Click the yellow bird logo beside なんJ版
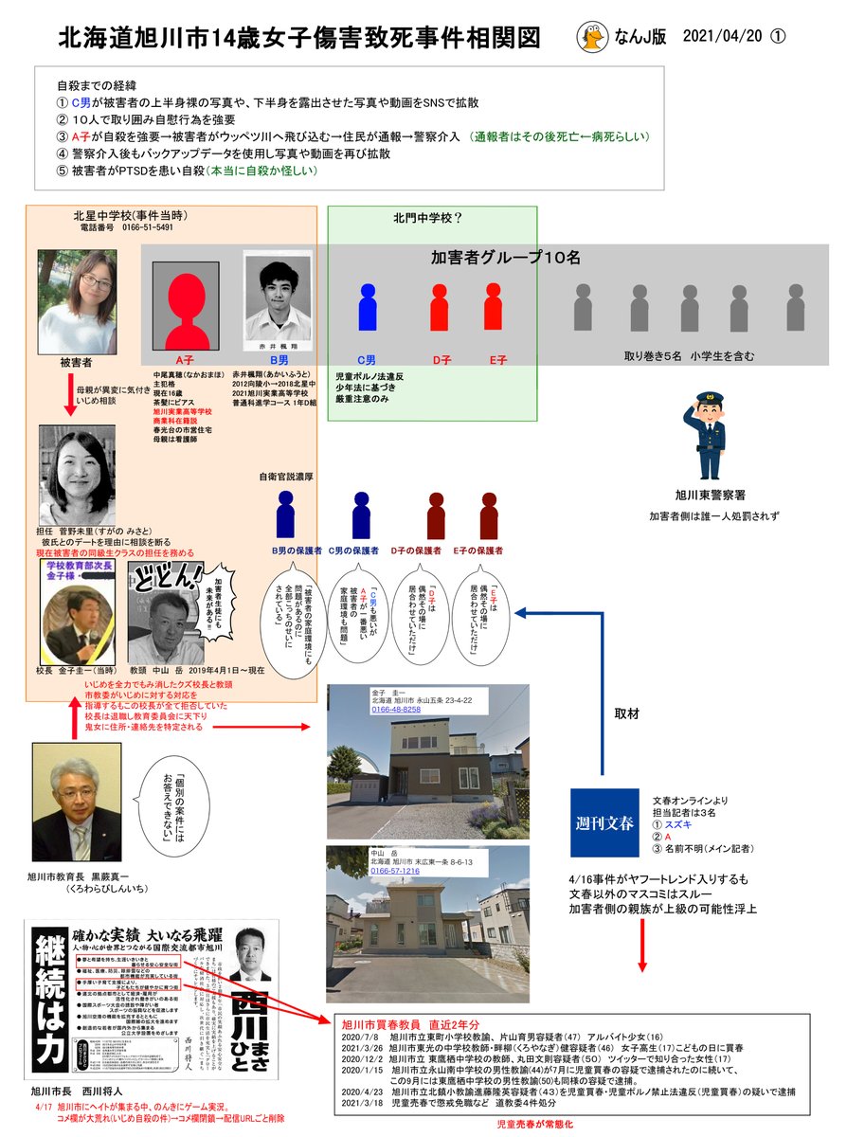594,37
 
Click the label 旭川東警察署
710,495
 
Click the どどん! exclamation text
171,575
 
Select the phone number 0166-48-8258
395,709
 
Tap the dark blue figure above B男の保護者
285,515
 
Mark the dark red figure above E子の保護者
489,515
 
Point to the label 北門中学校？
427,219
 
